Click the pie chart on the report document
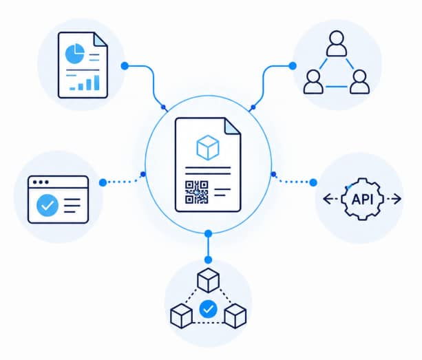click(x=74, y=54)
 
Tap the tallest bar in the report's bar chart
click(x=96, y=83)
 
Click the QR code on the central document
click(x=196, y=192)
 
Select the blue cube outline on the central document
click(x=208, y=148)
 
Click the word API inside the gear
click(x=362, y=200)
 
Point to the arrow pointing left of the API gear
click(x=330, y=199)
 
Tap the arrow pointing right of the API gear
click(x=394, y=199)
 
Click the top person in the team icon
click(x=337, y=43)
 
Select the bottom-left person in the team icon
click(x=313, y=82)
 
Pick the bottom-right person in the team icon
click(x=359, y=82)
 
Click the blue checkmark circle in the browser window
click(x=48, y=205)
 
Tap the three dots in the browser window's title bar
click(x=41, y=182)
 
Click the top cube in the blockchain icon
click(x=208, y=280)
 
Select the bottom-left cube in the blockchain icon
click(x=181, y=316)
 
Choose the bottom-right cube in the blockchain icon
click(x=235, y=316)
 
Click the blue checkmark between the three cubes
click(x=209, y=309)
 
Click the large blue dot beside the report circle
click(x=125, y=65)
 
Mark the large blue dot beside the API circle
click(x=313, y=182)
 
